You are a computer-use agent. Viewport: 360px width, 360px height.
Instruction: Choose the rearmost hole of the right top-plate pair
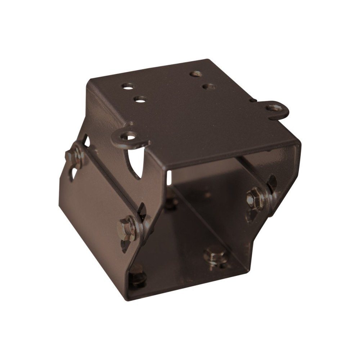[195, 73]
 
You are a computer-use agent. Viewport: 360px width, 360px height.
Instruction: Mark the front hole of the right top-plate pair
[208, 86]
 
